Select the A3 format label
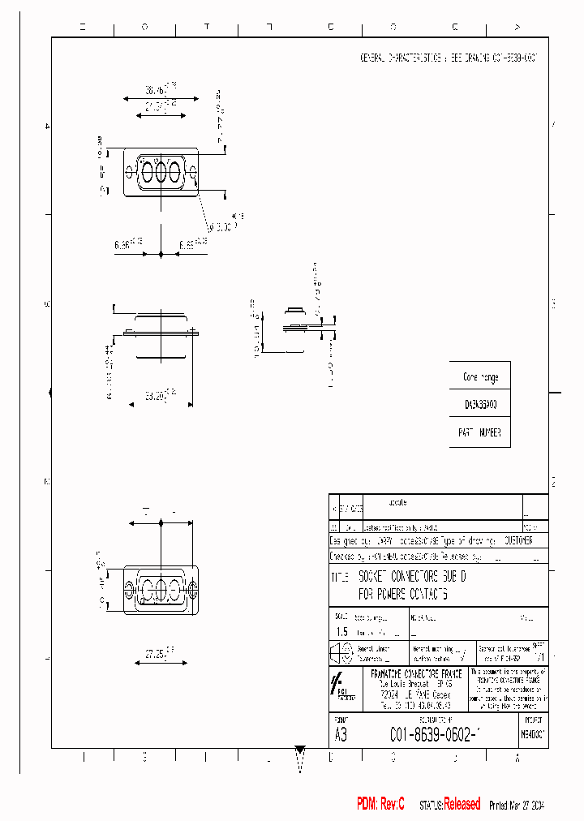[341, 735]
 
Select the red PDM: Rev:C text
[380, 804]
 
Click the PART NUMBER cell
[479, 432]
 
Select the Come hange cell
[479, 377]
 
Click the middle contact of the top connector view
[161, 172]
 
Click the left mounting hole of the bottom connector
[128, 588]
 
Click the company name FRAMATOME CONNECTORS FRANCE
[416, 674]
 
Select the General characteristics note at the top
[449, 59]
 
